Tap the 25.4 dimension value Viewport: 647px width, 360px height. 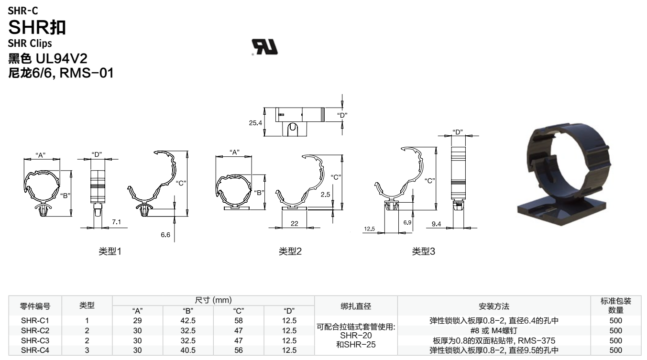click(x=256, y=123)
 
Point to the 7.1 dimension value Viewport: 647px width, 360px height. click(x=116, y=222)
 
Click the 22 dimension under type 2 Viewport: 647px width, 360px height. click(x=294, y=223)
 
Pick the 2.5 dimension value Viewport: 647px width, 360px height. click(x=326, y=195)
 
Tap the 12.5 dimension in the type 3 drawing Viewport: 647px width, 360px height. click(x=369, y=229)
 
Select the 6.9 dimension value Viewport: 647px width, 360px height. click(x=407, y=223)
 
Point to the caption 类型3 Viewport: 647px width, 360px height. click(x=424, y=251)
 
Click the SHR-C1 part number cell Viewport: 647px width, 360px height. click(x=35, y=320)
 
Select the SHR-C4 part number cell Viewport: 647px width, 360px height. click(x=35, y=350)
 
